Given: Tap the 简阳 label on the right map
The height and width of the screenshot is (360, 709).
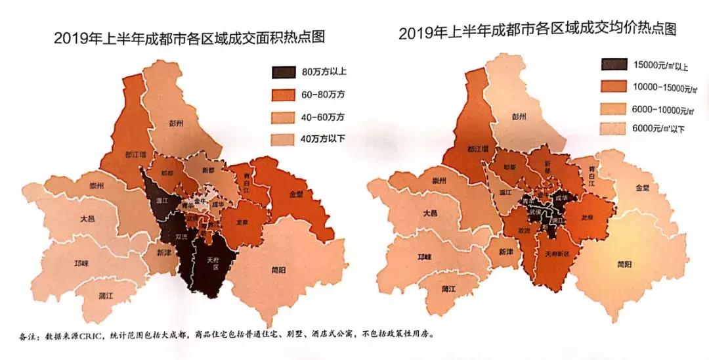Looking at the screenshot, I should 626,265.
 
